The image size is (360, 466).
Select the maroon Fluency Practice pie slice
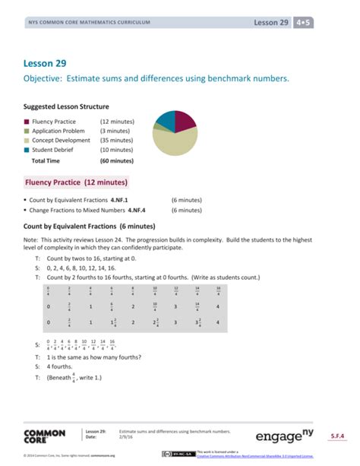[185, 119]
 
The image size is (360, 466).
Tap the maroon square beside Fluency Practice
[27, 122]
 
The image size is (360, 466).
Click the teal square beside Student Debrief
[27, 150]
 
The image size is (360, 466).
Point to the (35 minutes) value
[116, 141]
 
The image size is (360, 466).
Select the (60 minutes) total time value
[116, 161]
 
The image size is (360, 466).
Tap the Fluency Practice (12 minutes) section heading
[76, 182]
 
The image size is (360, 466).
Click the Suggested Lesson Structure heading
[66, 106]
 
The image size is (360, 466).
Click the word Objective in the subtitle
[45, 79]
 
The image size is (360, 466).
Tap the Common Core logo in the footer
[44, 436]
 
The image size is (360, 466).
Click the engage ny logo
[286, 436]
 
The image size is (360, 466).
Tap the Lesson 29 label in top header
[272, 23]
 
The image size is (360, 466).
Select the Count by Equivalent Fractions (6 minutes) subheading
[90, 227]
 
